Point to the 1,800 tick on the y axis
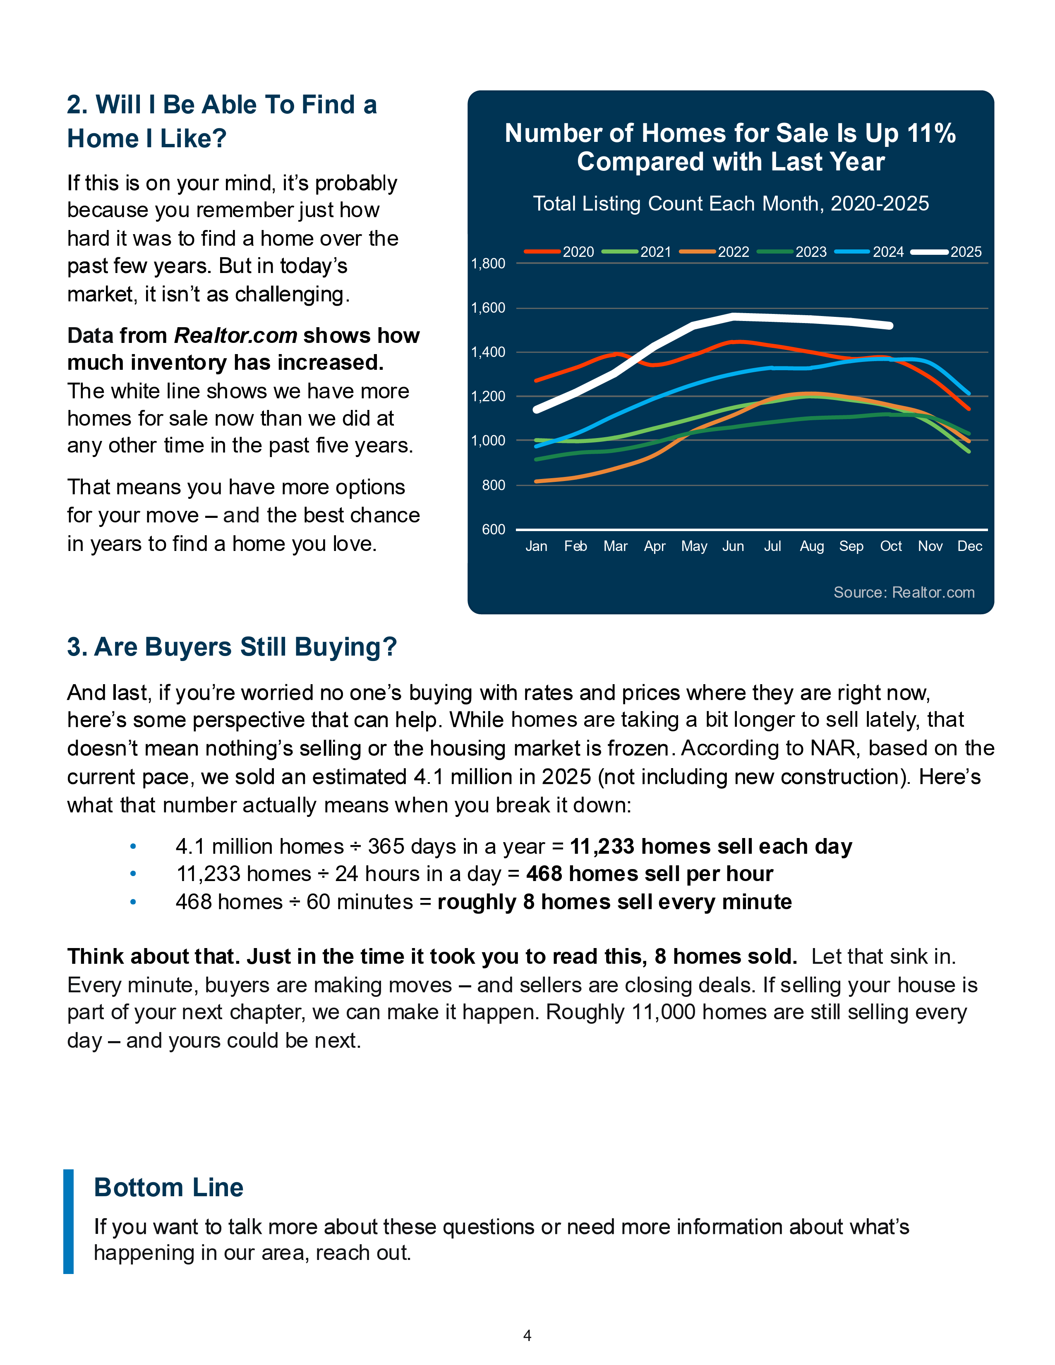click(488, 264)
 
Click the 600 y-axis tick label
click(493, 529)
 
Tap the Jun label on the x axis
click(733, 546)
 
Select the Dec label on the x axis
click(969, 546)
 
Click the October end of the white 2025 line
click(890, 326)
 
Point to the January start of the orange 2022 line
click(536, 481)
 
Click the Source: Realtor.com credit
click(904, 592)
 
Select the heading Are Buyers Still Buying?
click(232, 647)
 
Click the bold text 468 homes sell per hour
click(650, 874)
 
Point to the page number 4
click(527, 1336)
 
